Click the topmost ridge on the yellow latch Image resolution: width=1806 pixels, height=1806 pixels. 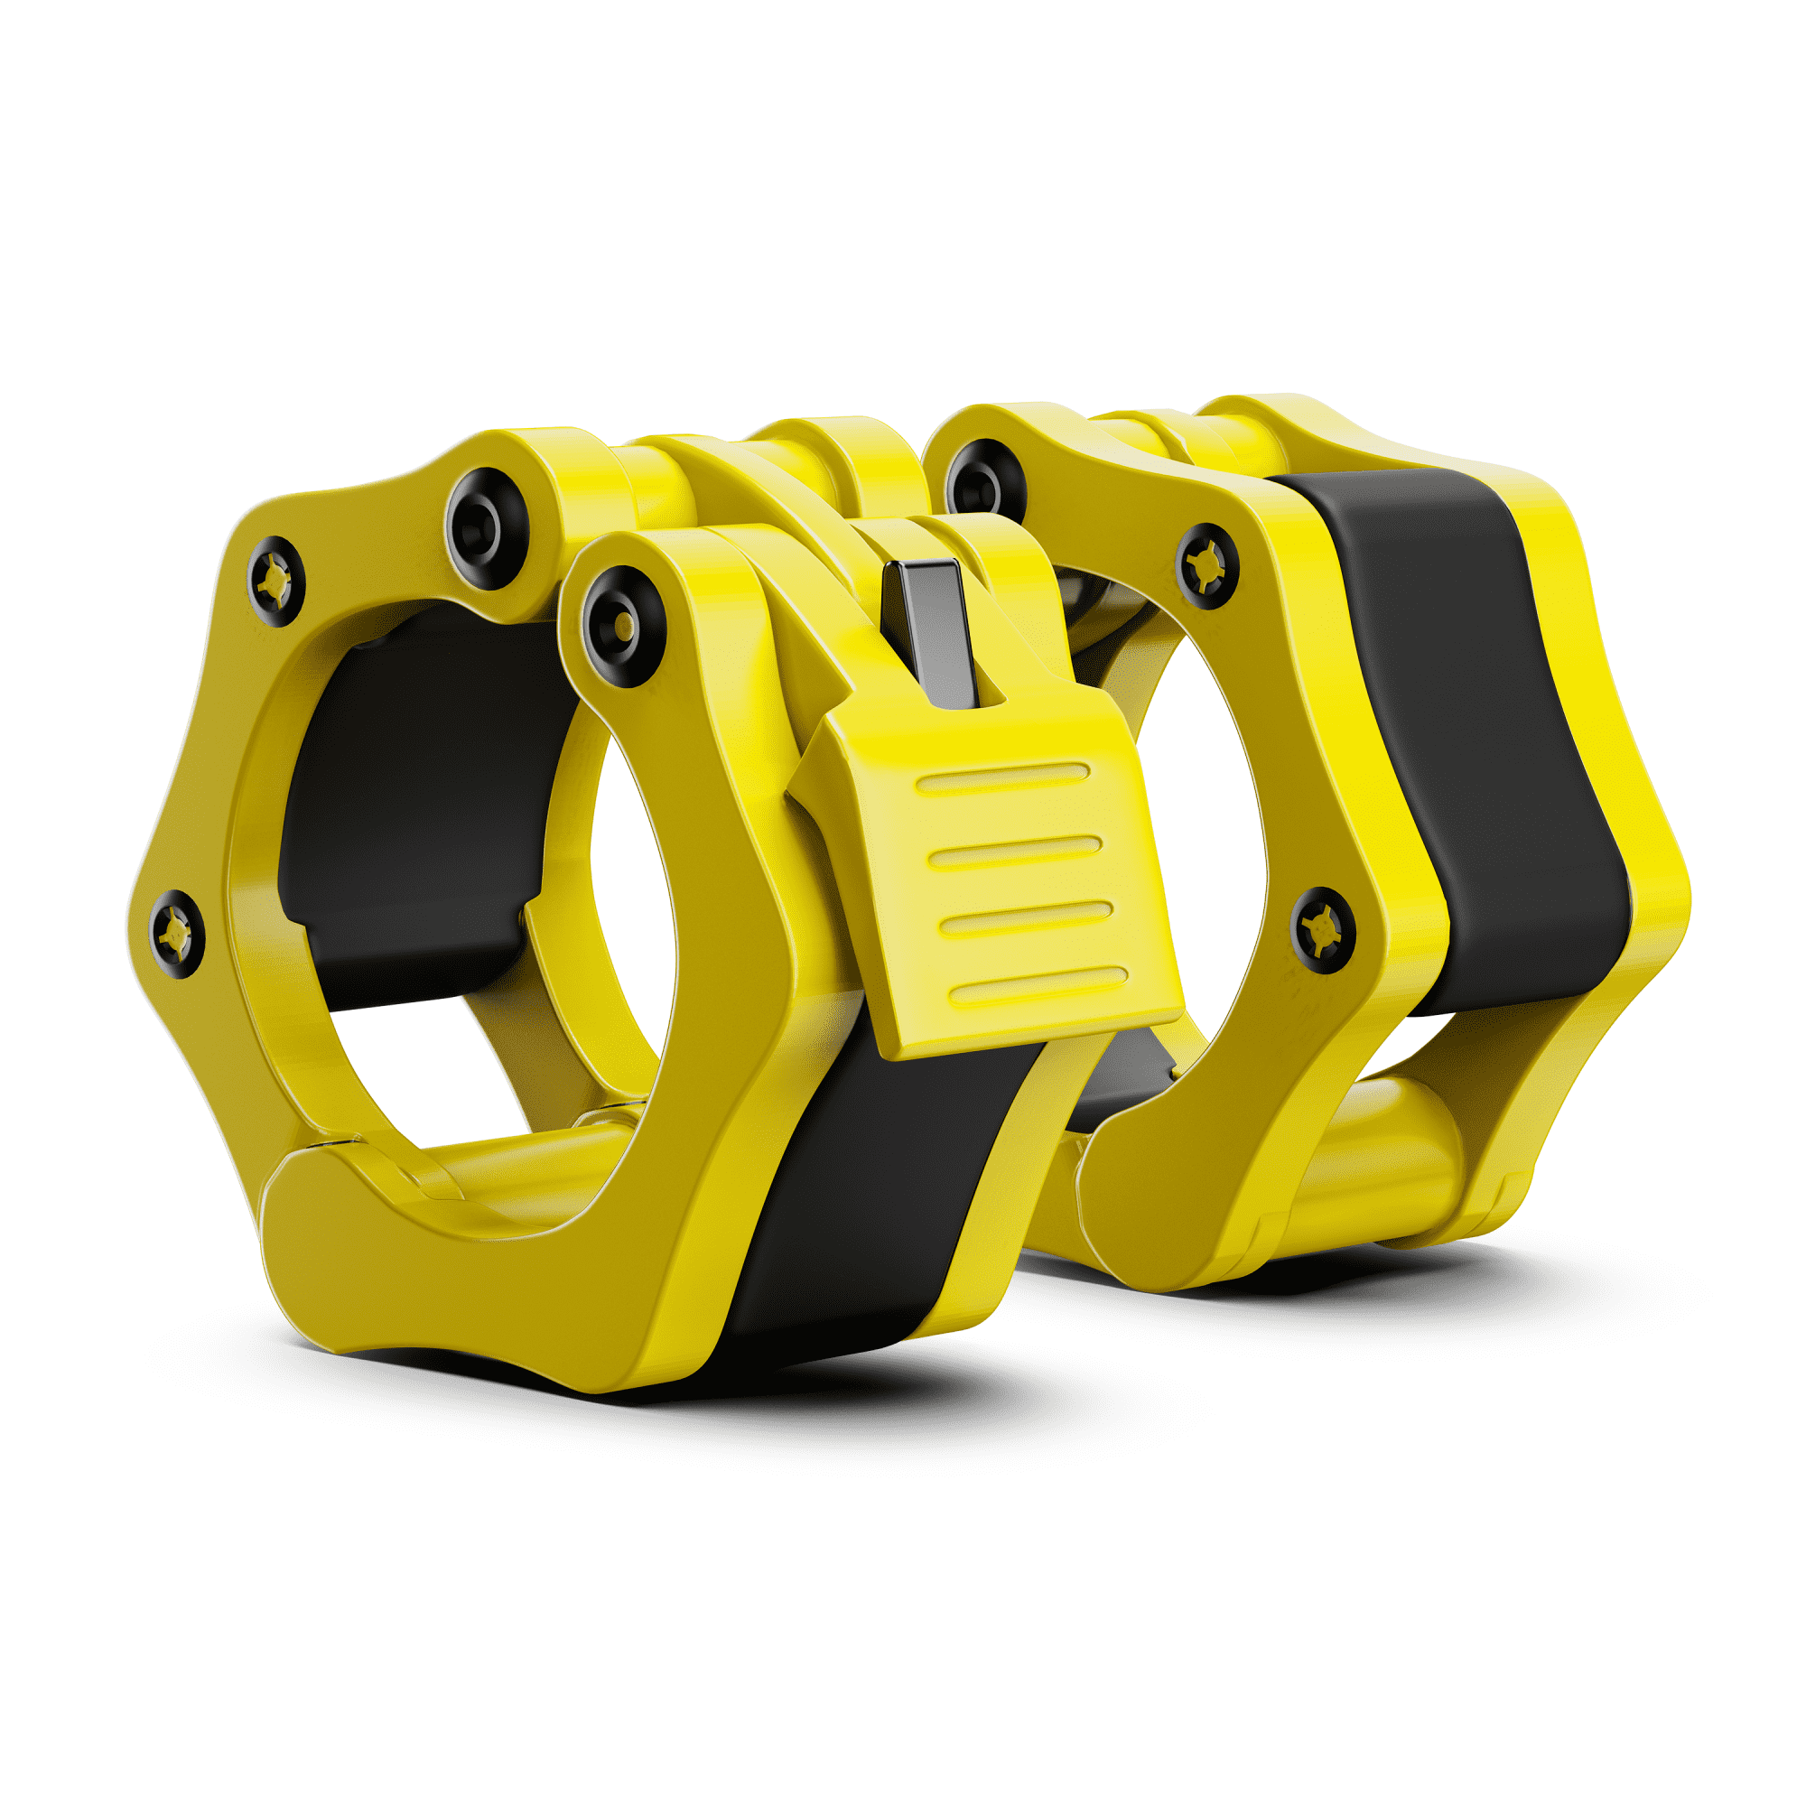pyautogui.click(x=1004, y=777)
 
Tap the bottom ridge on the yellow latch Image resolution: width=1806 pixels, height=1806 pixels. pyautogui.click(x=1039, y=987)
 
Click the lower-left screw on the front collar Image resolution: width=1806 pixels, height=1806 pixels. pyautogui.click(x=176, y=934)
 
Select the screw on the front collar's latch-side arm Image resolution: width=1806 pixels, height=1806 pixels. pyautogui.click(x=623, y=625)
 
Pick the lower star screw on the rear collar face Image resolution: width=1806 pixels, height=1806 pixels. pyautogui.click(x=1323, y=930)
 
